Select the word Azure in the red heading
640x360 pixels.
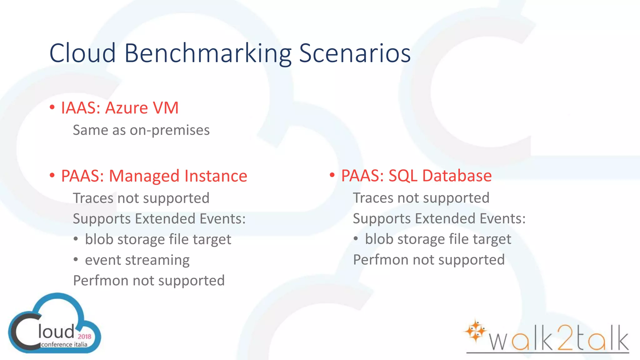click(126, 108)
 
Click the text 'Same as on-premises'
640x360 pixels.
click(141, 130)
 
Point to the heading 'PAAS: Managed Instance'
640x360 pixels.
click(154, 176)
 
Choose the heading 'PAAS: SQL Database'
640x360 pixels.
click(416, 176)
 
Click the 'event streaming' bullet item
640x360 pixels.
click(137, 260)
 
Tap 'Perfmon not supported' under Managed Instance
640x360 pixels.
click(149, 281)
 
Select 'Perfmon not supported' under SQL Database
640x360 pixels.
click(429, 260)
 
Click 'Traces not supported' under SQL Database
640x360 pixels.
click(421, 198)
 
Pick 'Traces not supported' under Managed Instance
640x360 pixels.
click(141, 198)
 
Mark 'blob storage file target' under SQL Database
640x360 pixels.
click(438, 239)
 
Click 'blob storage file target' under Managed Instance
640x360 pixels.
click(158, 240)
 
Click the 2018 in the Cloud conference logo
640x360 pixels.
click(84, 337)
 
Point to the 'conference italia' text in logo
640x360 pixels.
click(64, 345)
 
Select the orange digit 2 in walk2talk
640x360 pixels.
click(565, 338)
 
